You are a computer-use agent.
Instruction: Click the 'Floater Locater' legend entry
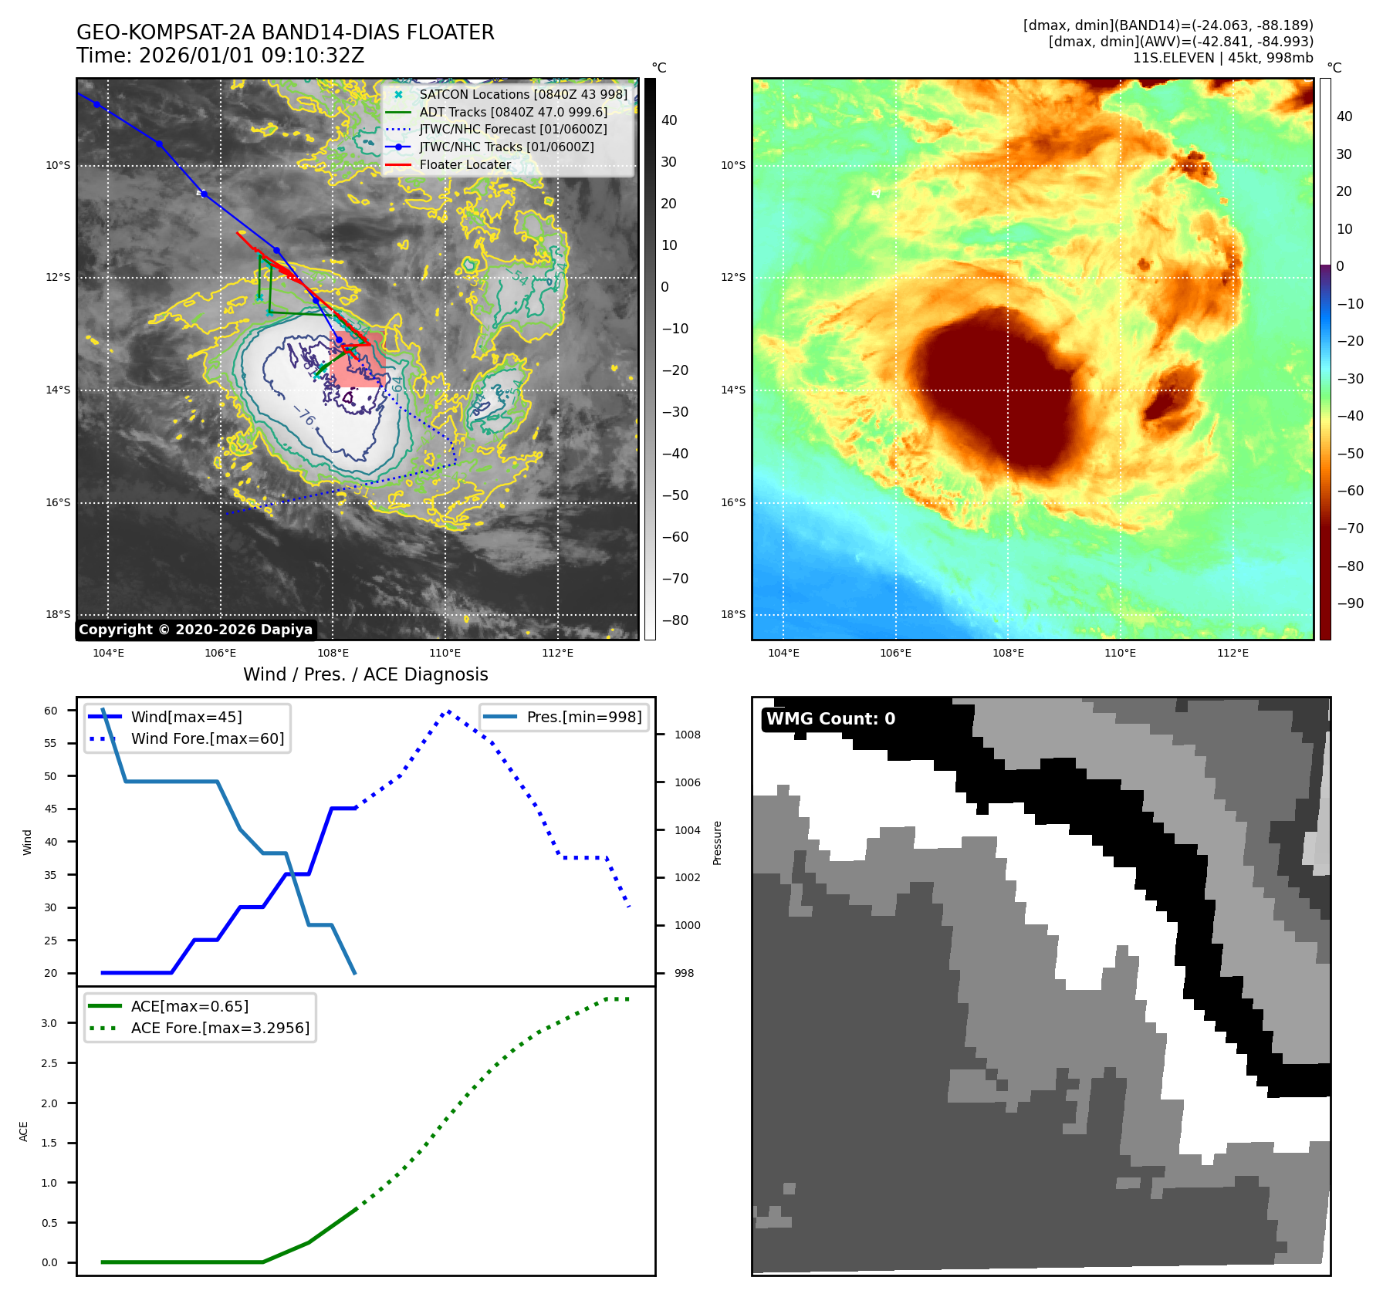click(x=465, y=164)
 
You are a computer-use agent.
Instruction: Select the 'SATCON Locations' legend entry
click(x=523, y=94)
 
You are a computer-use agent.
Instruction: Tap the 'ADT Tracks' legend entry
click(x=513, y=112)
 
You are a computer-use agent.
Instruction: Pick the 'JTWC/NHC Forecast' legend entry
click(x=513, y=129)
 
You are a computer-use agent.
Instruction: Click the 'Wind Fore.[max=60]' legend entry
click(x=207, y=738)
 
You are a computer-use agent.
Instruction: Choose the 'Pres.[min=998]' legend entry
click(x=583, y=717)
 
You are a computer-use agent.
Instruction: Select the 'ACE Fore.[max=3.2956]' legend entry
click(x=220, y=1028)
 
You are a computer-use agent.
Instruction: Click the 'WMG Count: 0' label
click(x=830, y=718)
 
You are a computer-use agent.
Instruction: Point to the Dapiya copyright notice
click(x=195, y=630)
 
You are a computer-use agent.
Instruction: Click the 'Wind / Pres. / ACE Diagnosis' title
click(x=365, y=674)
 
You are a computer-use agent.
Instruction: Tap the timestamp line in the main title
click(x=220, y=56)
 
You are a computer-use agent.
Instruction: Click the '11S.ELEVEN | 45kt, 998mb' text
click(x=1222, y=58)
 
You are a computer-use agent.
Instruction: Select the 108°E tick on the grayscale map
click(x=333, y=653)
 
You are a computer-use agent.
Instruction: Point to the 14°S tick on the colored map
click(x=733, y=390)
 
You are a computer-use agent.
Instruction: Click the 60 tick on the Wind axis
click(x=51, y=711)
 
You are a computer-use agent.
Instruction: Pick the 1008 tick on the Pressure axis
click(x=687, y=735)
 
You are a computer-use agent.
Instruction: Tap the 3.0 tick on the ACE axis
click(x=49, y=1023)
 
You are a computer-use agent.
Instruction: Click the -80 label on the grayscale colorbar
click(x=675, y=620)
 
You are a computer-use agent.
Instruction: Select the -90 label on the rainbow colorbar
click(x=1350, y=603)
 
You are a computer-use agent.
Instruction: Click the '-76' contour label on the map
click(x=305, y=417)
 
